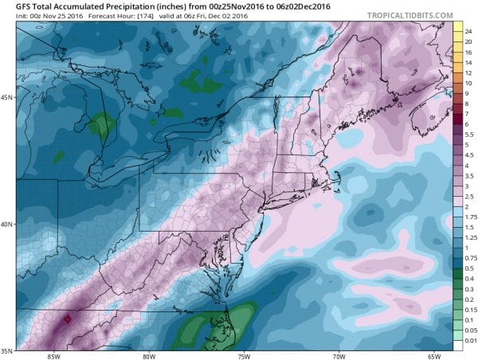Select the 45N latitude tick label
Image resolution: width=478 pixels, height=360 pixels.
click(6, 98)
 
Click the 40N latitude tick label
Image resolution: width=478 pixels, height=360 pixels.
click(6, 224)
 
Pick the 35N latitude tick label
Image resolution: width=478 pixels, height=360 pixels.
click(6, 350)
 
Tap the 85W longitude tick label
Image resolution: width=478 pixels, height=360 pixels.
click(55, 356)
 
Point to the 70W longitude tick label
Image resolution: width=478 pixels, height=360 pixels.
click(339, 356)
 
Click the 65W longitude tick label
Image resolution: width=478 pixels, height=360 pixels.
click(434, 356)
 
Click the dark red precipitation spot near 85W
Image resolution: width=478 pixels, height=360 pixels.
click(68, 318)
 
